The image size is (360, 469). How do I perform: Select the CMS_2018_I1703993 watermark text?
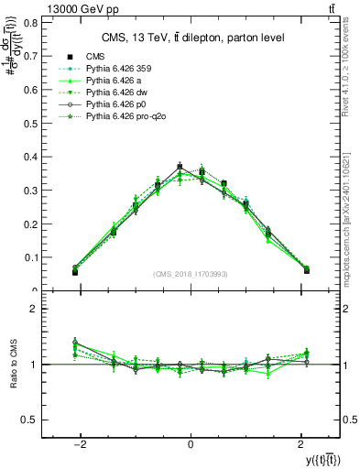point(191,274)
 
